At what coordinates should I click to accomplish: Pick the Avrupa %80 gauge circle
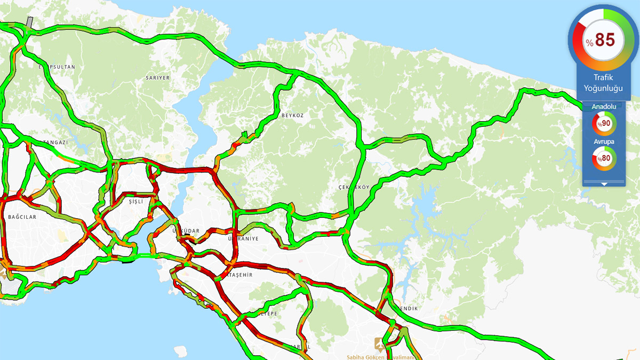click(x=604, y=158)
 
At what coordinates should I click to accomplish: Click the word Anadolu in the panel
click(x=604, y=107)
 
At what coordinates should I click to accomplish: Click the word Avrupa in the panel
click(x=604, y=141)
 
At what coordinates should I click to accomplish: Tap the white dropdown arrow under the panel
click(x=604, y=184)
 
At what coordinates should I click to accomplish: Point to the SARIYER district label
click(x=157, y=78)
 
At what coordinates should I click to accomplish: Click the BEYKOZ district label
click(x=292, y=115)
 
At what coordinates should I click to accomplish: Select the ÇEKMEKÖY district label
click(x=354, y=188)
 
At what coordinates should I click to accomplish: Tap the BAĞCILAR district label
click(x=22, y=217)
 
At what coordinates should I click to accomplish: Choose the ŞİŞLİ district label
click(x=137, y=202)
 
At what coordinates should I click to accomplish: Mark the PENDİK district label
click(x=406, y=309)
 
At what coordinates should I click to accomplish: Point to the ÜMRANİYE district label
click(x=244, y=238)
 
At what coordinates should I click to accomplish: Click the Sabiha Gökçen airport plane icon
click(x=380, y=344)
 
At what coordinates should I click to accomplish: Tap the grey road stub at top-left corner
click(x=29, y=22)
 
